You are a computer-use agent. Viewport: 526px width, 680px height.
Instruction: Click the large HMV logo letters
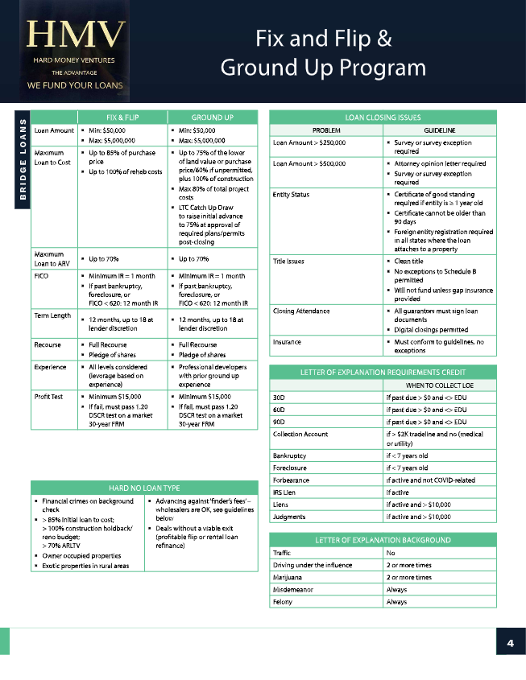tap(77, 35)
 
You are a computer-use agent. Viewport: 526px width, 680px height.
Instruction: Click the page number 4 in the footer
tap(510, 643)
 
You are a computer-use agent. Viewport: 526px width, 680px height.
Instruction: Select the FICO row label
tap(43, 275)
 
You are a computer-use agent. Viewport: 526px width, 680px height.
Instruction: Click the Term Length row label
tap(52, 315)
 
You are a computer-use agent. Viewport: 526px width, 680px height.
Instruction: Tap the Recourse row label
tap(49, 344)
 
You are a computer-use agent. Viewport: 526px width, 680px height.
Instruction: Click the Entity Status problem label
tap(291, 194)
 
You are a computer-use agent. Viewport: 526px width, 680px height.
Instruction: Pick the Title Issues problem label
tap(288, 261)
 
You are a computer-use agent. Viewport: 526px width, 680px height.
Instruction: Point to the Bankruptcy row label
tap(291, 455)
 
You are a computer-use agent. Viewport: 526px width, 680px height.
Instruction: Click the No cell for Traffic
tap(391, 554)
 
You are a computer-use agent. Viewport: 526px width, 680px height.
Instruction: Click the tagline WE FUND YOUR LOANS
tap(75, 84)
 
